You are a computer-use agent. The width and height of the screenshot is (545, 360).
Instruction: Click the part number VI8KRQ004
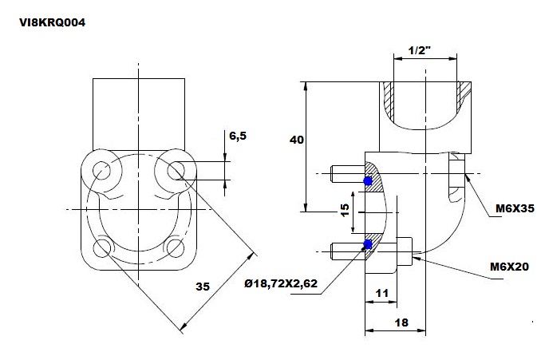coord(52,22)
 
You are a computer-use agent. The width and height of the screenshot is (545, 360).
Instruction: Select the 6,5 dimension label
coord(238,136)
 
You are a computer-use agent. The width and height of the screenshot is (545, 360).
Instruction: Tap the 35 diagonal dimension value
coord(203,287)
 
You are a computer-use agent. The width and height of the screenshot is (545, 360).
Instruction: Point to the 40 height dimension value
coord(297,140)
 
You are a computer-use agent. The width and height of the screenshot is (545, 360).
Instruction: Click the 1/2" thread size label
coord(419,51)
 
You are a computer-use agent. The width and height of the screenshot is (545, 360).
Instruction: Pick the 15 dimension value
coord(345,210)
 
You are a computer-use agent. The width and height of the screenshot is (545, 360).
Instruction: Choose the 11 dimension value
coord(381,293)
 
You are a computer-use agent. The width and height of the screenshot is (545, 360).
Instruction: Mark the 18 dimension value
coord(401,322)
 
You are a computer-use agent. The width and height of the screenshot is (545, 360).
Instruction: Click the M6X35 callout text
coord(515,208)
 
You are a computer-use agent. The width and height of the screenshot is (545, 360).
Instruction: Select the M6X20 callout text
coord(509,267)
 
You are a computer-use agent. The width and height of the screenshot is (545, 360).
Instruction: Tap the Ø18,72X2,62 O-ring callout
coord(281,283)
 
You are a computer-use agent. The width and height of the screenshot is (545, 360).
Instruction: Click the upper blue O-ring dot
coord(368,181)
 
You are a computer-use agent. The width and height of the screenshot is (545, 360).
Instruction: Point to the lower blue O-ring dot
coord(367,244)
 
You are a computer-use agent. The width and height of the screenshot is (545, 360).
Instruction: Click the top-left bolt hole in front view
coord(101,171)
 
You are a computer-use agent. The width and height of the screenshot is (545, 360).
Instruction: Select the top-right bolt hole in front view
coord(176,171)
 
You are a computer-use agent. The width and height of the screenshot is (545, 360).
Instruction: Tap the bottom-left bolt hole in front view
coord(102,248)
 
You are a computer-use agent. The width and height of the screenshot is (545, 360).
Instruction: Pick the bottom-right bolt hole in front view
coord(176,248)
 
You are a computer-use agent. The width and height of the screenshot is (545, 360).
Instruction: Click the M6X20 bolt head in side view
coord(405,251)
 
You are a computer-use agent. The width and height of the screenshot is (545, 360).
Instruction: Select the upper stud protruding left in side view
coord(348,174)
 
